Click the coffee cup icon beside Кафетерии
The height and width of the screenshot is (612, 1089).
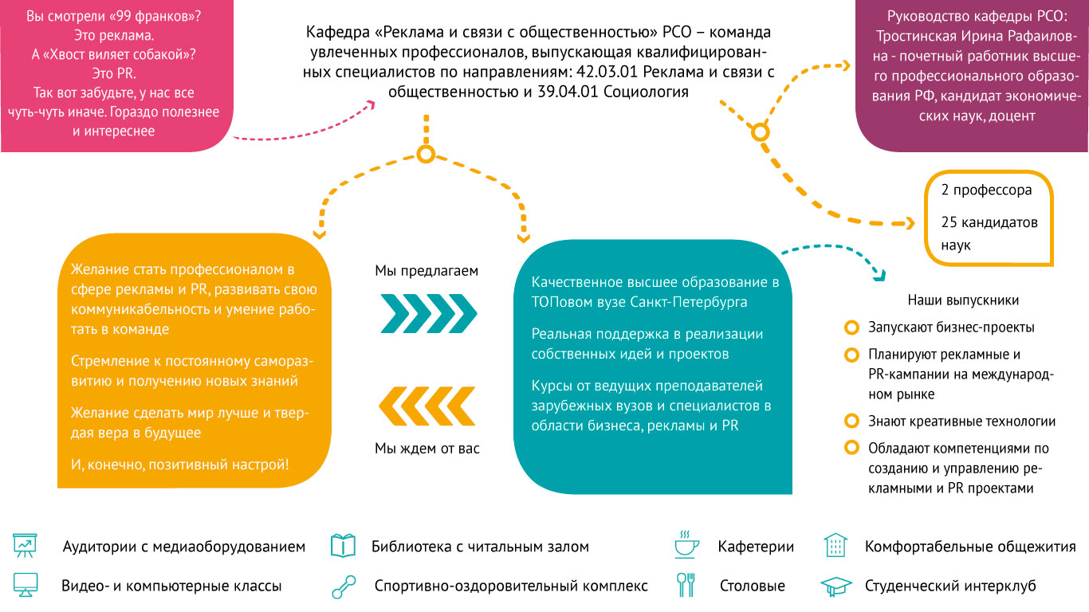[x=686, y=544]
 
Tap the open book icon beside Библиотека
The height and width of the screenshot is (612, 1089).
[x=343, y=545]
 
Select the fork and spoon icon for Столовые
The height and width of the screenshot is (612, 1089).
[x=686, y=584]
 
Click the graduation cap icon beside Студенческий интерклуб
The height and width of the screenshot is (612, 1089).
[x=835, y=586]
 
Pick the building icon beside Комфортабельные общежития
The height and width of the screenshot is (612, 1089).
[x=835, y=545]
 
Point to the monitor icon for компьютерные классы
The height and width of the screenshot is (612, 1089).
[x=26, y=585]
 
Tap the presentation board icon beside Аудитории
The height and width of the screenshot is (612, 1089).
[x=25, y=545]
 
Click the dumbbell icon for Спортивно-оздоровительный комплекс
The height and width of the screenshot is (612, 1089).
[x=344, y=586]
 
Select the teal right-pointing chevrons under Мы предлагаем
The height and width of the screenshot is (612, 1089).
[x=428, y=313]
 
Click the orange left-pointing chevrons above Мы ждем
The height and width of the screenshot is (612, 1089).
[x=427, y=406]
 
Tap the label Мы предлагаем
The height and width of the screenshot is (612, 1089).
[x=427, y=271]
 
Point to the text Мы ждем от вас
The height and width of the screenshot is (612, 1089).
[x=427, y=448]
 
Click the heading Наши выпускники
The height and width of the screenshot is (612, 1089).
[x=963, y=300]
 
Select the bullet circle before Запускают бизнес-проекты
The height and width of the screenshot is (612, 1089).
[x=851, y=328]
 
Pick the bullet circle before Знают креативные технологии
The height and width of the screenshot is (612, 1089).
[x=851, y=421]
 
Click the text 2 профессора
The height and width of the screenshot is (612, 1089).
[x=986, y=190]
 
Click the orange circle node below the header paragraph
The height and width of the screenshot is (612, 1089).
[x=426, y=154]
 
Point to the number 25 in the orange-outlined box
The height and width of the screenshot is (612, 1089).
[x=949, y=222]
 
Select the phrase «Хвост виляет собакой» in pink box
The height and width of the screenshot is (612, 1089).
[x=113, y=54]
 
